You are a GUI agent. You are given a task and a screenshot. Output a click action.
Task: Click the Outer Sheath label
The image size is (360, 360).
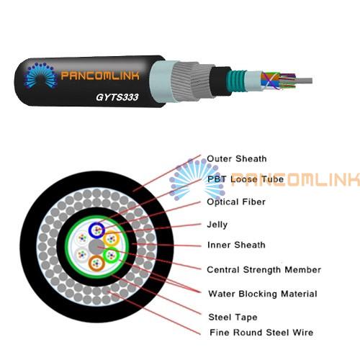tap(237, 158)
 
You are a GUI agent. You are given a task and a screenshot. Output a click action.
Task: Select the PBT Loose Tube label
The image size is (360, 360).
tap(246, 179)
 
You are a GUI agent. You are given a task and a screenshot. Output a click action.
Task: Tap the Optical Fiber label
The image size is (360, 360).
tap(236, 202)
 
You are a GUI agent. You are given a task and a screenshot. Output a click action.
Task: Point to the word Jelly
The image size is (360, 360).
tap(217, 225)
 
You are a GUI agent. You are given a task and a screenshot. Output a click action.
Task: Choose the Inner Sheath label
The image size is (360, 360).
tap(236, 245)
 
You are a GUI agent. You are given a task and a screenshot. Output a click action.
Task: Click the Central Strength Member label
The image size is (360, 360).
tap(264, 270)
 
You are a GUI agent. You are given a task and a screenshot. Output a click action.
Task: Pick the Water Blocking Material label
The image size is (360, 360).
tap(263, 294)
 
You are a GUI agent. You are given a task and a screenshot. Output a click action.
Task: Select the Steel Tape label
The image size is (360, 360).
tap(233, 318)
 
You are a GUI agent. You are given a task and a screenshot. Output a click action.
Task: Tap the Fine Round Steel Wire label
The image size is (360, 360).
tap(261, 333)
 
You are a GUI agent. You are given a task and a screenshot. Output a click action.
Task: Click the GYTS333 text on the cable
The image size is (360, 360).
tap(117, 97)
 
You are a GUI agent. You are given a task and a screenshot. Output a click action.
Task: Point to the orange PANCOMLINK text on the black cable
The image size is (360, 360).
tap(100, 76)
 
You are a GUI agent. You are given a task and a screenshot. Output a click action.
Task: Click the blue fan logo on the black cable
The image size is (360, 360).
tap(41, 76)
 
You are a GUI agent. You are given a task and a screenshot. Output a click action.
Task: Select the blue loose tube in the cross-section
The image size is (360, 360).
tap(96, 230)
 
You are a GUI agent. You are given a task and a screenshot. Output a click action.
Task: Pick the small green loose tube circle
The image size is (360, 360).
tap(111, 256)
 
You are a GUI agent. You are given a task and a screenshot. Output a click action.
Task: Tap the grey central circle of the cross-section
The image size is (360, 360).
tap(96, 247)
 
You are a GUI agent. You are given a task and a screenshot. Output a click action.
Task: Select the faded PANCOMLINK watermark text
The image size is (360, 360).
tap(295, 179)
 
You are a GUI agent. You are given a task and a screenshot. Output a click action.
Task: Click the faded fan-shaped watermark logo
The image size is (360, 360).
tap(197, 179)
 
